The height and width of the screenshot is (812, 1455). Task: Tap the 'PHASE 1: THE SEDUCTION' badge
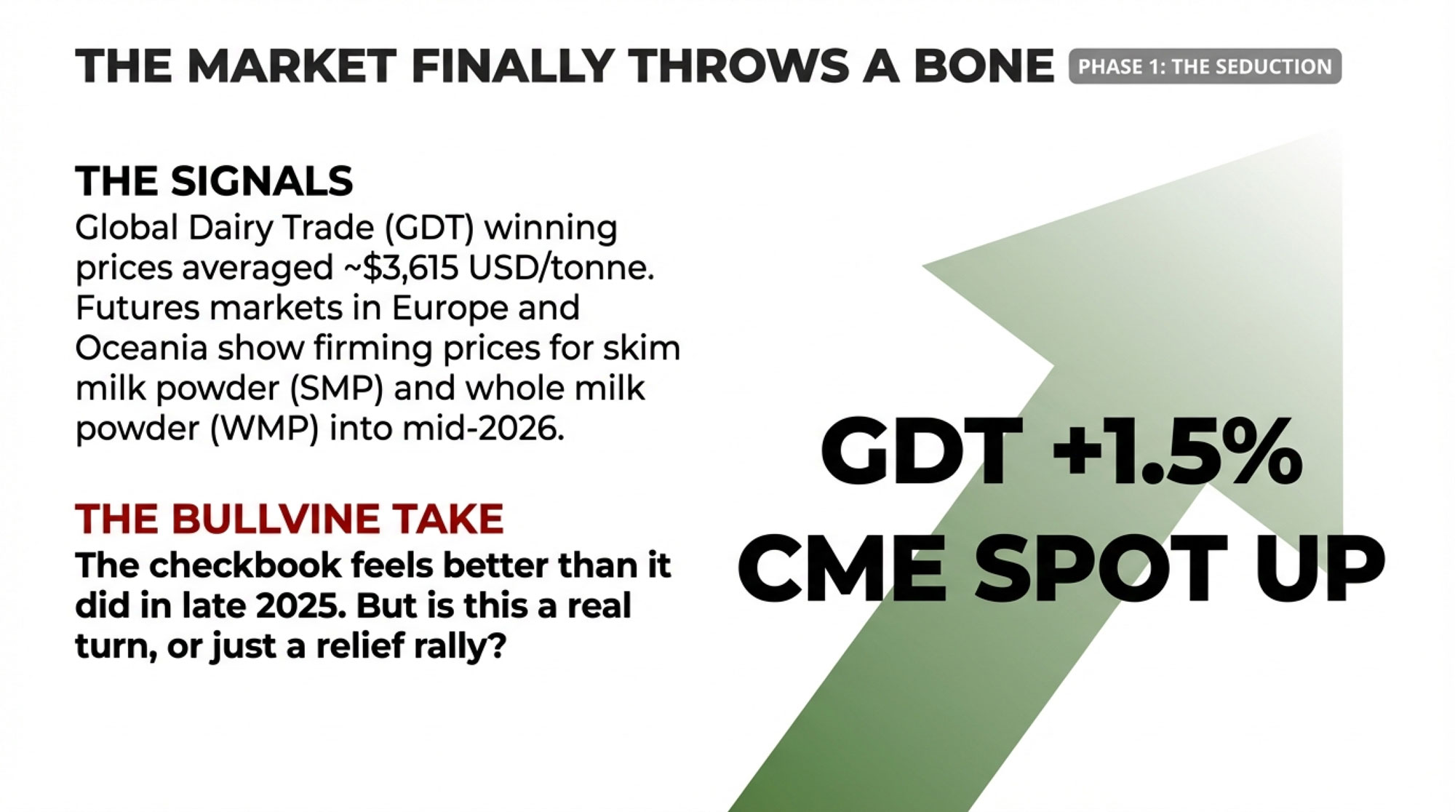tap(1205, 66)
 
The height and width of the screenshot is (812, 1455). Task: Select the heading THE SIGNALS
tap(214, 180)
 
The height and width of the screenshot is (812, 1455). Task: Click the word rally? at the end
tap(459, 646)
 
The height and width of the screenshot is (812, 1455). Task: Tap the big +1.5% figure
tap(1176, 453)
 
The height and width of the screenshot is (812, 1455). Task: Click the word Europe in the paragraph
tap(449, 309)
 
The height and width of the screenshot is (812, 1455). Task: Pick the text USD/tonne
tap(562, 268)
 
